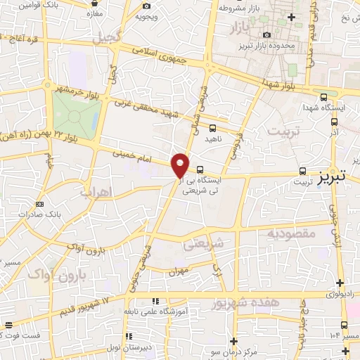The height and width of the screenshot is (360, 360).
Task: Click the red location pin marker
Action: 181,165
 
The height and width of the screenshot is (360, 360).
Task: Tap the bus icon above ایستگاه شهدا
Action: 323,97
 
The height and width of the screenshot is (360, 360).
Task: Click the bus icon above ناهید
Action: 212,128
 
